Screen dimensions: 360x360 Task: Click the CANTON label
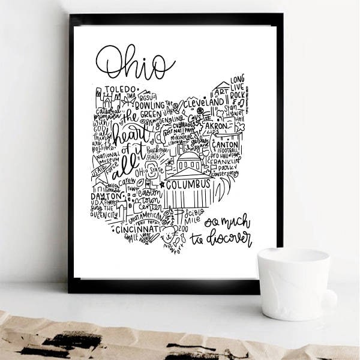[x=226, y=145]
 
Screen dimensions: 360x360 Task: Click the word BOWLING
[x=149, y=105]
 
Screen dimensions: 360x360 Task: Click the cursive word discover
[x=229, y=238]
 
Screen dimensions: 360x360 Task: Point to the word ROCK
[x=238, y=95]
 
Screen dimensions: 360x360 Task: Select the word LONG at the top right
[x=237, y=79]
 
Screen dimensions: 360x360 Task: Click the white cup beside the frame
[x=294, y=283]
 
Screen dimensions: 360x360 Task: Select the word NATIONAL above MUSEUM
[x=107, y=155]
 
